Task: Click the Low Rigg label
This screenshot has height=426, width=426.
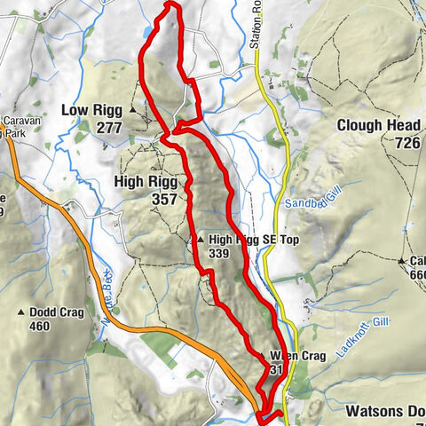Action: coord(91,110)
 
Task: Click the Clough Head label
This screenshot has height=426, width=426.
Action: coord(377,125)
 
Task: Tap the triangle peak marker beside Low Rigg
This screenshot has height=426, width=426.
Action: coord(133,110)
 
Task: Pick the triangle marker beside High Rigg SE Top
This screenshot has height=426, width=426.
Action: coord(201,240)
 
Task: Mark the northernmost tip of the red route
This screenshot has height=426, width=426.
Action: coord(170,4)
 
